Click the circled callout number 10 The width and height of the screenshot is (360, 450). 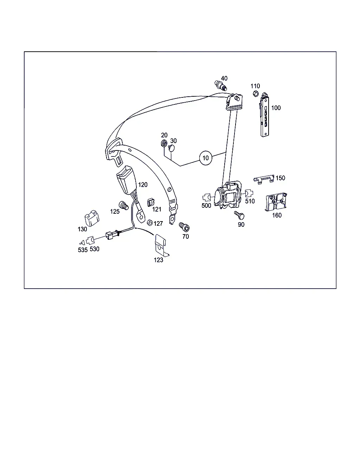coord(205,158)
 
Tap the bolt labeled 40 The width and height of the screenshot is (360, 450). coord(220,85)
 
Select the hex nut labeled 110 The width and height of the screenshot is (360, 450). coord(256,93)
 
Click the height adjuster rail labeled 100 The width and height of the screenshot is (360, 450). coord(264,115)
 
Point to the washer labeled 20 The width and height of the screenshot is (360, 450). coord(164,143)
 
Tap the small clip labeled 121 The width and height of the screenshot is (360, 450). coord(151,202)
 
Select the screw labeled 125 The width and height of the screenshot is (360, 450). coord(124,206)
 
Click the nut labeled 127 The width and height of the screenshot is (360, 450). coord(150,223)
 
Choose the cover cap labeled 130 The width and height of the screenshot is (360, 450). coord(92,218)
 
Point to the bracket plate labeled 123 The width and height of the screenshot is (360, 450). coord(161,245)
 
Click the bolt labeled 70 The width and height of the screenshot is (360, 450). coord(184,227)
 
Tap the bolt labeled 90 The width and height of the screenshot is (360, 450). coord(239,215)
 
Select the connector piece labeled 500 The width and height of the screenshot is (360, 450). coord(206,197)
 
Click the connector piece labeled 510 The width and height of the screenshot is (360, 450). coord(249,193)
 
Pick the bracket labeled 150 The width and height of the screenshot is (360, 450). coord(264,179)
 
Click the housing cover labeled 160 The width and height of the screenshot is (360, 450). coord(276,201)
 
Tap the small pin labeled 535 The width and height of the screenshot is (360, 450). coord(82,243)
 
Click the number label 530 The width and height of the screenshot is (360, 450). coord(94,249)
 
